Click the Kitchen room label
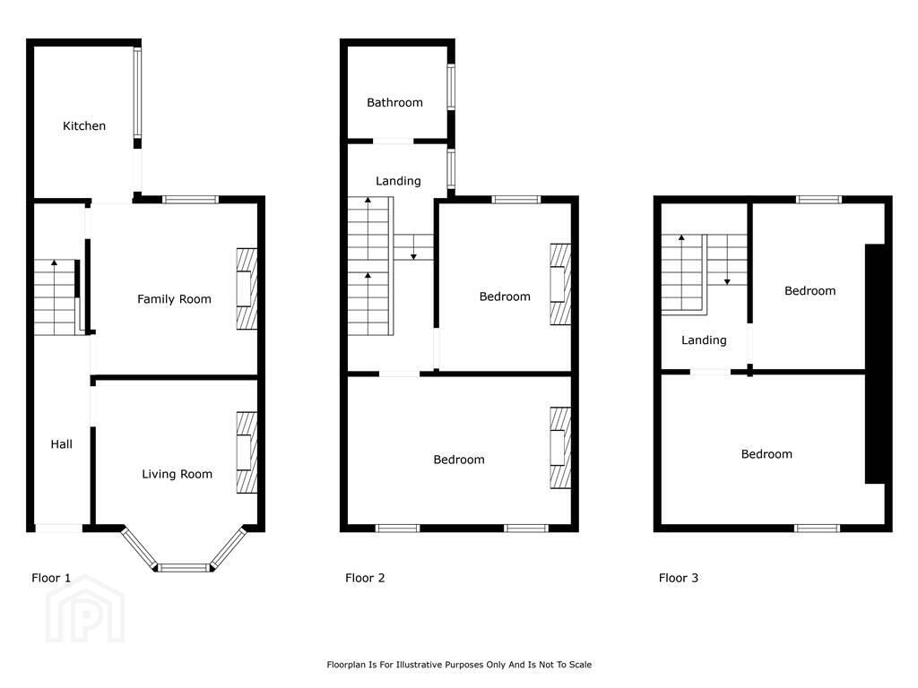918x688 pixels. pos(84,125)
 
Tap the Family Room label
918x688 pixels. pos(174,299)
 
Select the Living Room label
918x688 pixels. pos(177,474)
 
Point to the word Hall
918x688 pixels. pos(62,444)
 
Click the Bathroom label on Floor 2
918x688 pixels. pos(394,102)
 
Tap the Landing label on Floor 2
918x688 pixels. pos(398,181)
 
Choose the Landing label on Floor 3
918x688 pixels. pos(704,340)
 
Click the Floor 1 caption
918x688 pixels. pos(51,578)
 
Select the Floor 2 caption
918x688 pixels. pos(365,578)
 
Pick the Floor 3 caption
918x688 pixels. pos(678,578)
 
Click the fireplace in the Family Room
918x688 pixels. pos(247,289)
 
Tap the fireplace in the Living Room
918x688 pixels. pos(247,452)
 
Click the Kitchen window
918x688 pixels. pos(137,92)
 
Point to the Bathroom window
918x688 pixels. pos(451,87)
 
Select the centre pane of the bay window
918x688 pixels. pos(184,567)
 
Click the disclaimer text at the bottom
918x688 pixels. pos(459,665)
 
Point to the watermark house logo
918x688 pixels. pos(85,609)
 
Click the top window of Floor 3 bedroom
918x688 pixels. pos(819,200)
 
